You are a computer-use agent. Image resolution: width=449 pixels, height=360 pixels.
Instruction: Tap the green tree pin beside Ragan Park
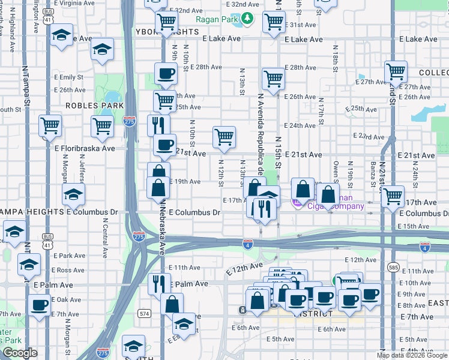pyautogui.click(x=248, y=20)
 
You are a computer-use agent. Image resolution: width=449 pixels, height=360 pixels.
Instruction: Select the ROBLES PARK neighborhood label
pyautogui.click(x=94, y=104)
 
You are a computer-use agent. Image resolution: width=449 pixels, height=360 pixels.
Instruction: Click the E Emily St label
pyautogui.click(x=71, y=77)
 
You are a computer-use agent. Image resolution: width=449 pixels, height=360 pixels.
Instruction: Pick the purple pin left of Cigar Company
pyautogui.click(x=296, y=204)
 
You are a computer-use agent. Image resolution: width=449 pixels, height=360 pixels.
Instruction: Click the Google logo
pyautogui.click(x=19, y=353)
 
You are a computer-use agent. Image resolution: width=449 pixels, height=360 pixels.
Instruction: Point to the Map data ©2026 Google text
pyautogui.click(x=412, y=355)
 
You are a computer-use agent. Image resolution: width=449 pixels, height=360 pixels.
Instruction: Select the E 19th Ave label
pyautogui.click(x=185, y=181)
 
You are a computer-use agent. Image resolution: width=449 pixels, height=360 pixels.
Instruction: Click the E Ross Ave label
pyautogui.click(x=69, y=271)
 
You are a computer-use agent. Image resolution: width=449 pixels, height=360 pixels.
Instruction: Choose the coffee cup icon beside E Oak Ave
pyautogui.click(x=40, y=304)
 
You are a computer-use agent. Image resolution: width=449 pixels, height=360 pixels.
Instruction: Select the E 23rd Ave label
pyautogui.click(x=369, y=136)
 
